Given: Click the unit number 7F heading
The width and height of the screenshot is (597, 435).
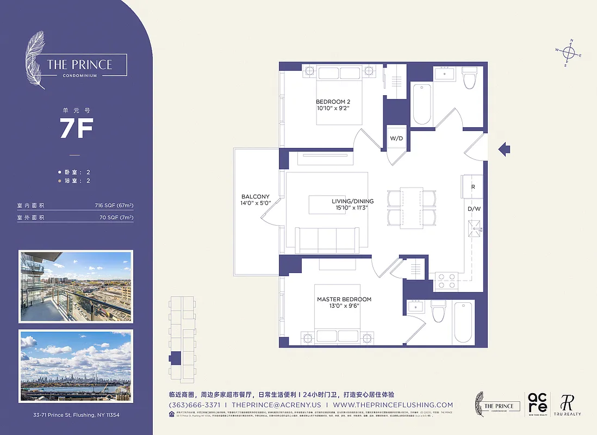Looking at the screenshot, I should coord(76,128).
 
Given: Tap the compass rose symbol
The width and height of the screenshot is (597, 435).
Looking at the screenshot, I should coord(569,53).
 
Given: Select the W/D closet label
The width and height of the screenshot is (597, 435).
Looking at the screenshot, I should coord(396,139).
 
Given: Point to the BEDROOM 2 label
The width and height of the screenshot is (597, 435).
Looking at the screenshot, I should coord(332,102).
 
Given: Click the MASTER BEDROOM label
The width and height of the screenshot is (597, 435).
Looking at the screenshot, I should coord(344,300).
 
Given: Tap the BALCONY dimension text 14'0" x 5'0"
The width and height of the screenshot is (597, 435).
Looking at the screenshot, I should coord(256,203).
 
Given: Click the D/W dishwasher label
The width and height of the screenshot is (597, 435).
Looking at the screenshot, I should coord(473,209).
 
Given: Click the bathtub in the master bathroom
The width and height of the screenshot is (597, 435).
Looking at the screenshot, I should coord(463,322).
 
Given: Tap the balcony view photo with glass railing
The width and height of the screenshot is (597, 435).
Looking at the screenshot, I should coord(76,286).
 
